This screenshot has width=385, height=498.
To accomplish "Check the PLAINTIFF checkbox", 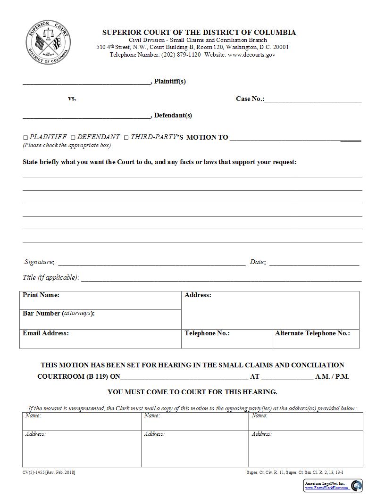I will [25, 137].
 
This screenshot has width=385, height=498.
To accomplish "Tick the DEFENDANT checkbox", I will [73, 137].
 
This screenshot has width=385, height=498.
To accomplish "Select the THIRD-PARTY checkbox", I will [126, 137].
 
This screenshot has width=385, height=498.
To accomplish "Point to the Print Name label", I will [41, 295].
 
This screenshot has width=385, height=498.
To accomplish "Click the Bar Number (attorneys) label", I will [59, 313].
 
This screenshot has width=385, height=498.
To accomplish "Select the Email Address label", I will [46, 333].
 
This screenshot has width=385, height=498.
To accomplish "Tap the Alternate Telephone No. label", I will [312, 333].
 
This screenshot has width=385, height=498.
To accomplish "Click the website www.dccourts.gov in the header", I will [251, 55].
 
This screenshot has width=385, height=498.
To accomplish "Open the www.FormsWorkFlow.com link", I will [326, 488].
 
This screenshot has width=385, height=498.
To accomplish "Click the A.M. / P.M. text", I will [332, 377].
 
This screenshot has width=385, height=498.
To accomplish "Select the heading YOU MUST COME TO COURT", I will [192, 392].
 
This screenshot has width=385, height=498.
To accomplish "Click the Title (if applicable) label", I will [51, 278].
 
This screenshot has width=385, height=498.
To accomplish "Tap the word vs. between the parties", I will [72, 99].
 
